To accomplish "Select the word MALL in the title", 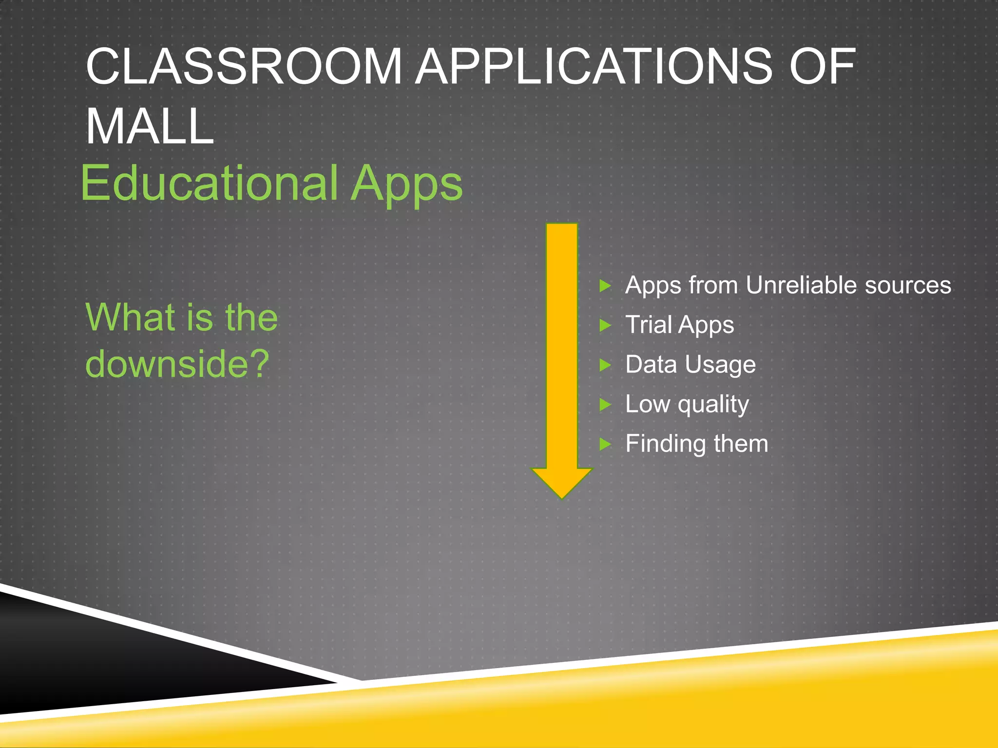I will click(150, 127).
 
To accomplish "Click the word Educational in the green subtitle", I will click(210, 184).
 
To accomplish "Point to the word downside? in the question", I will click(177, 364).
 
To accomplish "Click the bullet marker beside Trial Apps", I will click(605, 325).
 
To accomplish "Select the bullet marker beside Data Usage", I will click(605, 365).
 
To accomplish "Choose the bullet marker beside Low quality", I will click(605, 404).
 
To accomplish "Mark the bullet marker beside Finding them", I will click(605, 444).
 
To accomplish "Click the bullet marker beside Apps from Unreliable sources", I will click(605, 285).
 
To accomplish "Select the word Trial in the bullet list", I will click(649, 324).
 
